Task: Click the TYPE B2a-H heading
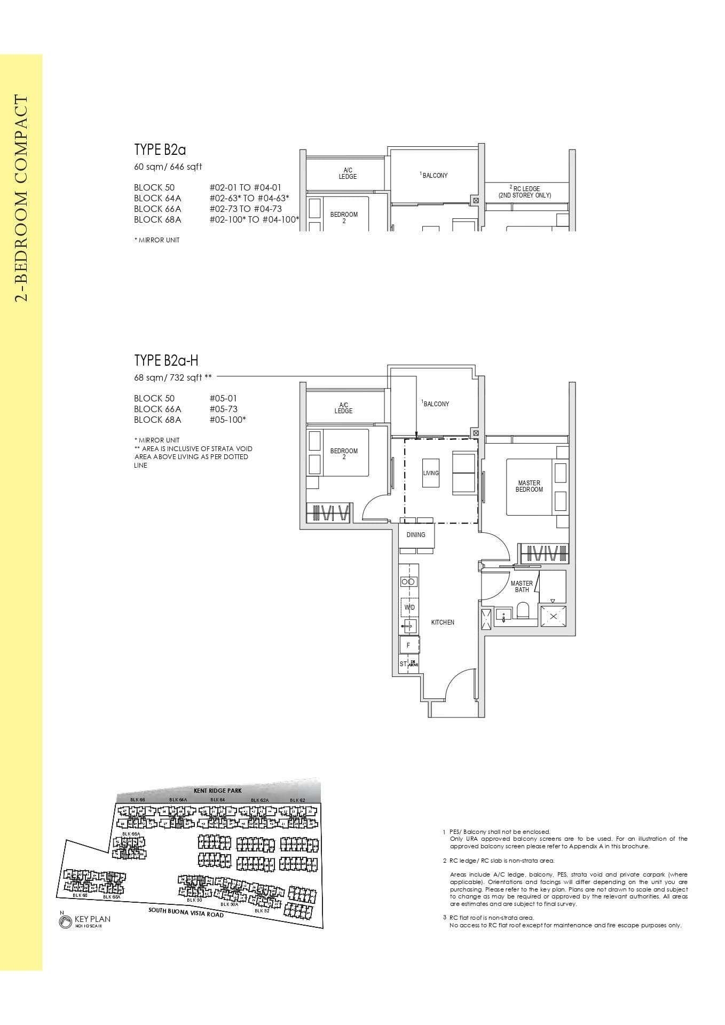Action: (x=166, y=360)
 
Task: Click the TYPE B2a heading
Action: (x=160, y=149)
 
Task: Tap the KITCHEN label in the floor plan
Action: (x=443, y=622)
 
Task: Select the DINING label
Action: (x=416, y=534)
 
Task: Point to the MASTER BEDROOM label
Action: (x=529, y=486)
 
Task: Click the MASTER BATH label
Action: (x=522, y=587)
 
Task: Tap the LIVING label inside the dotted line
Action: (x=431, y=473)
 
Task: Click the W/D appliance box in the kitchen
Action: (x=409, y=608)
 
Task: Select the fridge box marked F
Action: (x=409, y=645)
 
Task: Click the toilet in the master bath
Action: (x=522, y=611)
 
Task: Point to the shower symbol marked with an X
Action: (x=553, y=617)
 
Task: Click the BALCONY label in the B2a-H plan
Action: (x=436, y=404)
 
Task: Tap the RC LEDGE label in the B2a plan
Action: (x=526, y=192)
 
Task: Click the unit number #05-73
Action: (x=223, y=409)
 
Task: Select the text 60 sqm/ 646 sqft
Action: (x=168, y=167)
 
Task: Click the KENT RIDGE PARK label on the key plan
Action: (x=218, y=790)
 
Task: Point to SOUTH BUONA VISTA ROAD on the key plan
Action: (x=186, y=912)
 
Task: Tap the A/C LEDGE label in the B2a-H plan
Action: (x=343, y=408)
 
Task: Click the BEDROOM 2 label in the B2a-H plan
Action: (x=343, y=454)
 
